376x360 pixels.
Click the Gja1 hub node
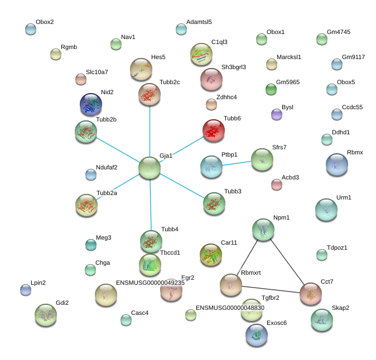pos(150,167)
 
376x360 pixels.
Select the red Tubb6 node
pos(214,130)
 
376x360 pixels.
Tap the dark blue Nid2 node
pos(91,104)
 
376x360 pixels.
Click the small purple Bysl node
pos(277,114)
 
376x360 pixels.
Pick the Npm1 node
pos(263,229)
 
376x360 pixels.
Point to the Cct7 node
pos(311,293)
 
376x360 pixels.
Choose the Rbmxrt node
pos(231,285)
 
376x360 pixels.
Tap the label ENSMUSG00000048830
pos(230,308)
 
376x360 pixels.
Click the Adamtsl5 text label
pos(199,22)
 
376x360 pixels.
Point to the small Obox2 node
pos(31,29)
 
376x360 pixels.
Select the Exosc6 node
pos(257,334)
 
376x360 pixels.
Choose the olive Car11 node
pos(211,255)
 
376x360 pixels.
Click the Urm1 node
pos(326,210)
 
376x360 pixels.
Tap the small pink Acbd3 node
pos(277,184)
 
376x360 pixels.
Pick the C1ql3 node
pos(201,54)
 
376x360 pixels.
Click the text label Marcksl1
pos(289,57)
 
